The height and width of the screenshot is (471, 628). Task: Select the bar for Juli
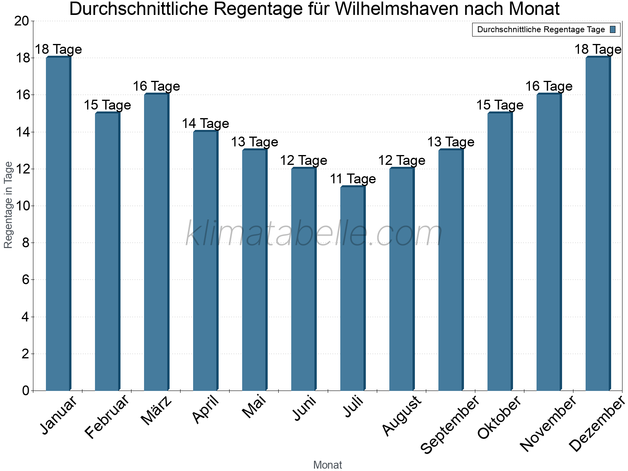coord(352,288)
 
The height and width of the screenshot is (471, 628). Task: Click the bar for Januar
coord(58,224)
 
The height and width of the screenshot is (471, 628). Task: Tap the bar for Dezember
coord(598,224)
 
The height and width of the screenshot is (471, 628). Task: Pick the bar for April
coord(205,261)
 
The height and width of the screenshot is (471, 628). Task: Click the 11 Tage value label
coord(352,179)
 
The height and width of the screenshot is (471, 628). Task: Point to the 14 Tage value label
coord(205,124)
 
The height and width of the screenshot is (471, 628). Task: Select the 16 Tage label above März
coord(156,86)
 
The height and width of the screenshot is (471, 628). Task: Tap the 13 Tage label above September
coord(451,142)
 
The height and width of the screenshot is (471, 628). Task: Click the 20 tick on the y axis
coord(22,21)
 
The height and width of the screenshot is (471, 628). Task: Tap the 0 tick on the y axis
coord(26,391)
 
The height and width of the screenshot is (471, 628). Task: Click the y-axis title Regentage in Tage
coord(9,205)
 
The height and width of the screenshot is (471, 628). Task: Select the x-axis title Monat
coord(327,465)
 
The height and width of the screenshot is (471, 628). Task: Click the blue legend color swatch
coord(613,29)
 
